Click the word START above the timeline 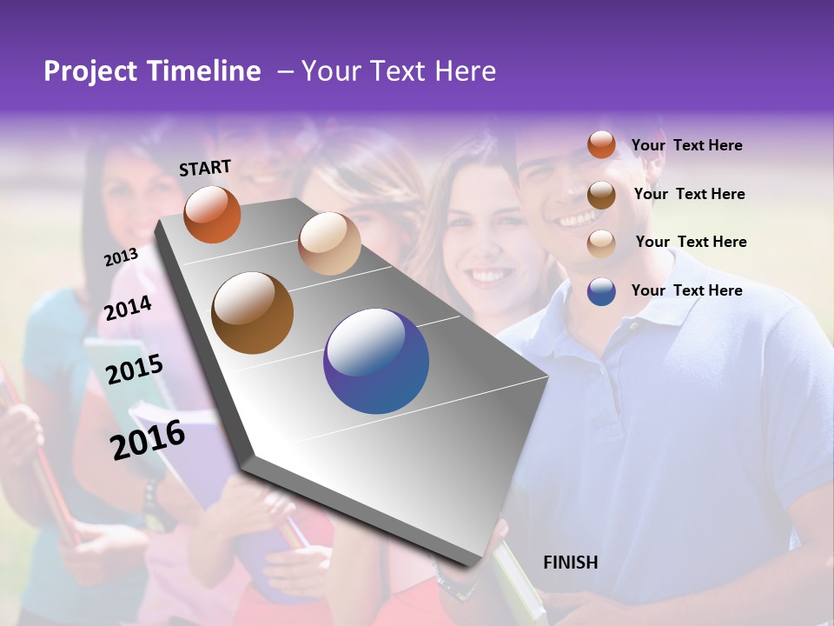205,168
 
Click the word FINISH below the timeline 570,563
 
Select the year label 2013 121,256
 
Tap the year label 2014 128,309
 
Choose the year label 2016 148,439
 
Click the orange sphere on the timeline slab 212,215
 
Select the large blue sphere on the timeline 376,361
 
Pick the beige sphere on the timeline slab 329,243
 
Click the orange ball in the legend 601,145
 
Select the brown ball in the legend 601,195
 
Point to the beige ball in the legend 601,243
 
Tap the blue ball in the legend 601,291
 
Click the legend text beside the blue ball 686,290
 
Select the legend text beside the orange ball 686,145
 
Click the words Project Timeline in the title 152,71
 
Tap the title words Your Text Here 398,71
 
